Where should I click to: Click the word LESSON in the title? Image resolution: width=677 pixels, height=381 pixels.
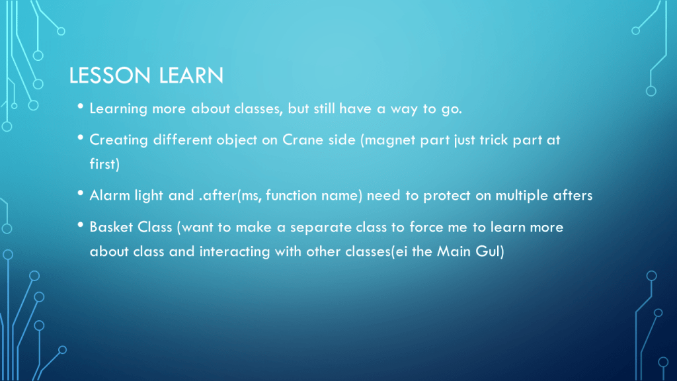click(110, 75)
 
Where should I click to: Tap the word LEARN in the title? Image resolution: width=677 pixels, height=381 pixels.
click(191, 75)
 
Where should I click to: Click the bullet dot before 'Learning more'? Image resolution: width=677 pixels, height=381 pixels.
click(80, 106)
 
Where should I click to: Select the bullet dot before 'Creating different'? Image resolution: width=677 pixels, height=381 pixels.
click(80, 138)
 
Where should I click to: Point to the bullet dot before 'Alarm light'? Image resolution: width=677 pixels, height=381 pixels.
click(80, 193)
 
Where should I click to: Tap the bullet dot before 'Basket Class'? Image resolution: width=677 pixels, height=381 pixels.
click(80, 225)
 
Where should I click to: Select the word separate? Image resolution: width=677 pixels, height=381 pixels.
click(321, 228)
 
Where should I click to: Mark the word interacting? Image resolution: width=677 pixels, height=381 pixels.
click(235, 252)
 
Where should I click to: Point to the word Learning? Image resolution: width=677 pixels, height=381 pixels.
click(118, 109)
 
